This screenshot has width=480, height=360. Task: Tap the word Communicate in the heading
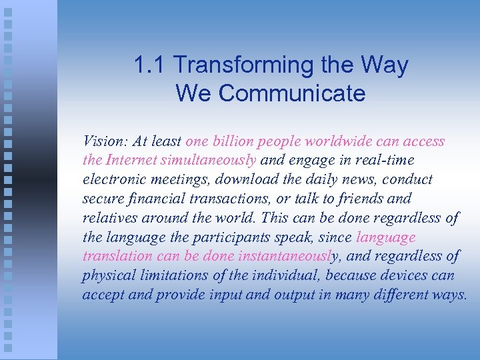click(291, 93)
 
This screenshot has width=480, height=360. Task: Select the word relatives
click(107, 218)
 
